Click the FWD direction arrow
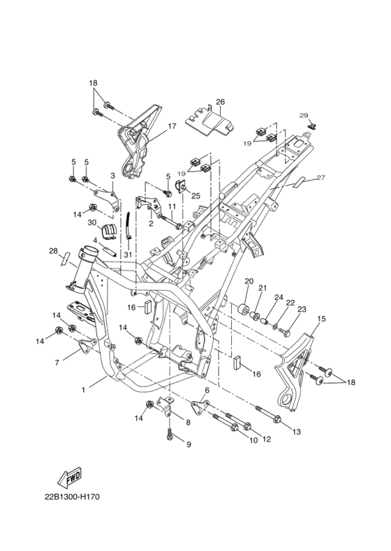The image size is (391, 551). coord(70,478)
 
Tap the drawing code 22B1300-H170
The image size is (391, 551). coord(72,497)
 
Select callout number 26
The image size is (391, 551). coord(221,102)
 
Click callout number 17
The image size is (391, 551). coord(172,126)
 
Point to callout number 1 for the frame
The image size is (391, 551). coord(83,390)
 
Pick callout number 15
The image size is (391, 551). coord(321,319)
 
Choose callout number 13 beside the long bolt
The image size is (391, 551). coord(297,432)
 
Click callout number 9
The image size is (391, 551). coord(189,444)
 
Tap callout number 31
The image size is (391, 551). coord(127,254)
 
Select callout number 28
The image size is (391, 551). coord(53,251)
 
